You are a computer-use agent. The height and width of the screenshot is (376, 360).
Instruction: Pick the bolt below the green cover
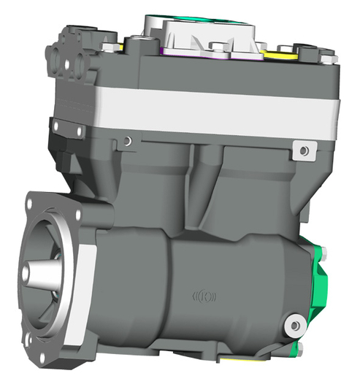click(299, 347)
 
